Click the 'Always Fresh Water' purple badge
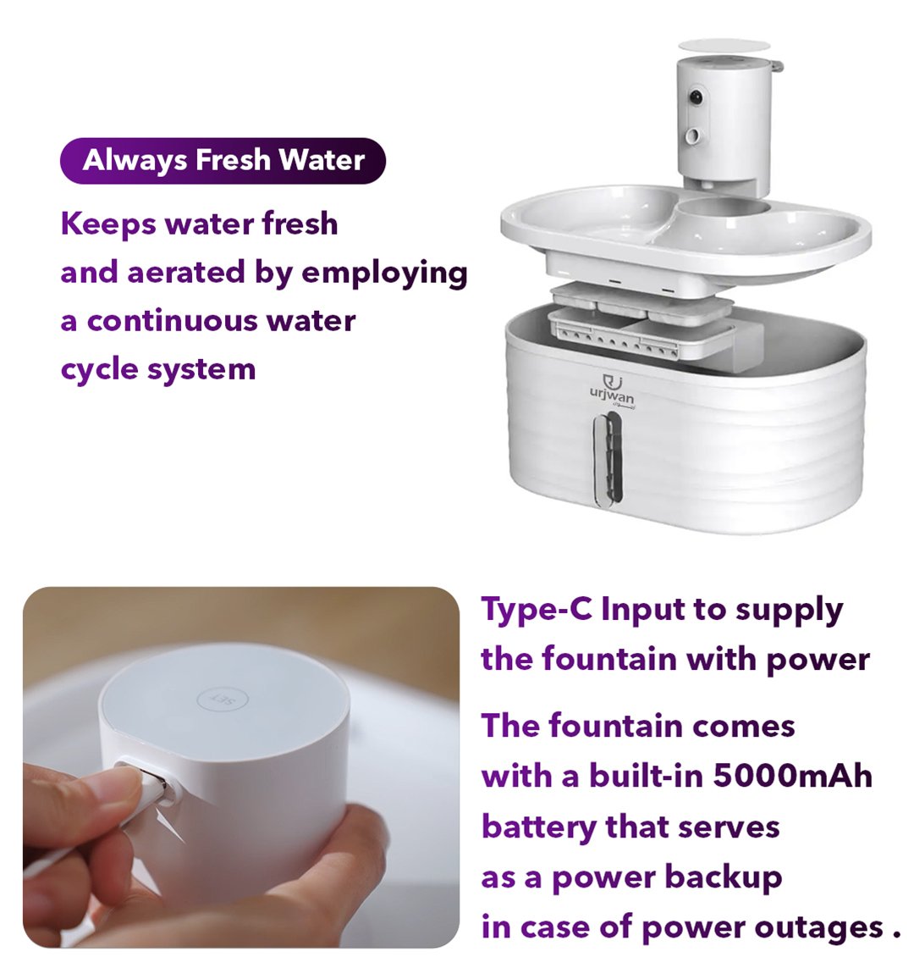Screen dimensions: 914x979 click(223, 160)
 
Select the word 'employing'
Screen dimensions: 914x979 click(384, 274)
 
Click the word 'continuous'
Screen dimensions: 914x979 click(172, 321)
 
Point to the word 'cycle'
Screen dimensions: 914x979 click(99, 369)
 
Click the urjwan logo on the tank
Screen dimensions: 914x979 click(612, 391)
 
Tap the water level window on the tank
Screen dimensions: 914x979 click(607, 459)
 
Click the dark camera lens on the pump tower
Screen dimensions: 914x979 click(696, 97)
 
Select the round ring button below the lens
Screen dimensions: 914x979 click(693, 135)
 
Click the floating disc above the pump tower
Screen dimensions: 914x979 click(724, 45)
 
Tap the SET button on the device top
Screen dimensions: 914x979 click(223, 700)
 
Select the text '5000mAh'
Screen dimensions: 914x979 click(792, 776)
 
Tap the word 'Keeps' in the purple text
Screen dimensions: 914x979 click(108, 225)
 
